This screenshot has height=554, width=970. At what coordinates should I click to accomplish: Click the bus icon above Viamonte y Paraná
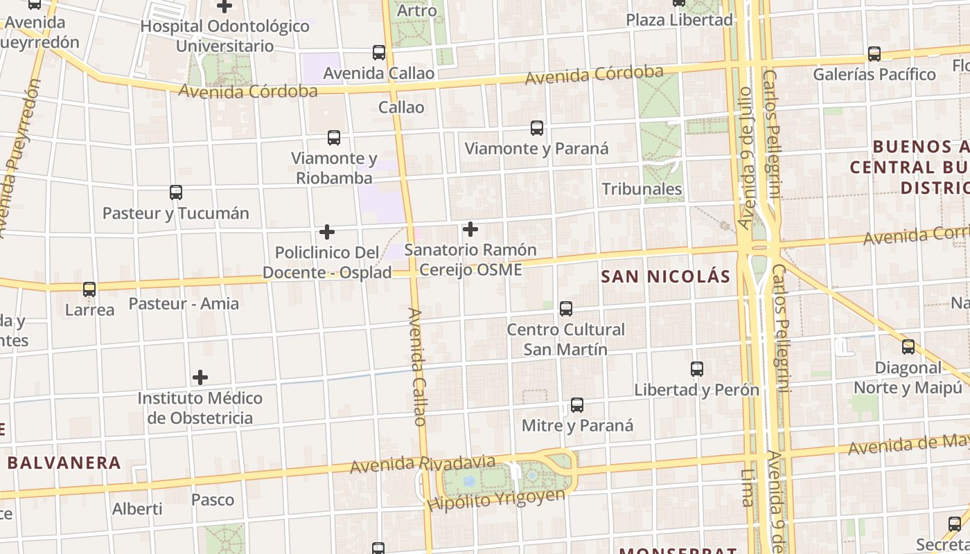click(x=536, y=128)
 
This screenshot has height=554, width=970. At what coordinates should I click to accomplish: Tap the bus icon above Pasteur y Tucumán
click(x=176, y=193)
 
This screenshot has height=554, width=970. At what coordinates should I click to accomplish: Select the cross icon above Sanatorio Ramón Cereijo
click(x=470, y=229)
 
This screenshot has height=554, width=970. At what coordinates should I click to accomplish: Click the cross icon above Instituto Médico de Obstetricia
click(x=200, y=377)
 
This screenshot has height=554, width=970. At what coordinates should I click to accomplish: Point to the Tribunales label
click(x=642, y=189)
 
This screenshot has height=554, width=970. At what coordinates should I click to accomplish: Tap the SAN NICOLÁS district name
click(x=665, y=277)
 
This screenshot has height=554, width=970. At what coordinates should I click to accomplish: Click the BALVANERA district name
click(x=64, y=463)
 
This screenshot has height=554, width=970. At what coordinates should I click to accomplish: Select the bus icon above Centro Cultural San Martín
click(x=566, y=309)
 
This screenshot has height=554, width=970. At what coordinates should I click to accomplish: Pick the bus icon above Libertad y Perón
click(x=697, y=369)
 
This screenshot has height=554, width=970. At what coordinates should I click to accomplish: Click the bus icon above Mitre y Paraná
click(x=577, y=405)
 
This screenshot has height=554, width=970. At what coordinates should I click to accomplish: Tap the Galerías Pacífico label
click(x=874, y=74)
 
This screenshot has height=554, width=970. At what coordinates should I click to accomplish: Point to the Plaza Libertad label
click(x=679, y=20)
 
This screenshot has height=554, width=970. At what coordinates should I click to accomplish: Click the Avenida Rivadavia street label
click(x=423, y=465)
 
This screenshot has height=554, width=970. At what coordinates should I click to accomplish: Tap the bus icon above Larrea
click(x=89, y=289)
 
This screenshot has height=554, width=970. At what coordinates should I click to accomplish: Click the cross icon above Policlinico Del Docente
click(x=327, y=232)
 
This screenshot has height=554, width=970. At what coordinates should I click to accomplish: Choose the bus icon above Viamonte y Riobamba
click(x=334, y=138)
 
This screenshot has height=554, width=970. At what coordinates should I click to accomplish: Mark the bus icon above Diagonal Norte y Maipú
click(x=908, y=347)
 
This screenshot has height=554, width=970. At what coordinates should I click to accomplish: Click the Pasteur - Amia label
click(x=184, y=303)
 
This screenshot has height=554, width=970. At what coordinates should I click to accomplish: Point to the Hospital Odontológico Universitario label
click(x=224, y=36)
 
